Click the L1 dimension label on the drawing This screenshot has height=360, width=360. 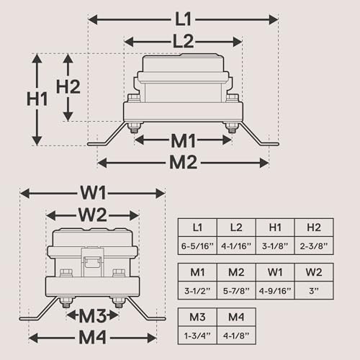183,18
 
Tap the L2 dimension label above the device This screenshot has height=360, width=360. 183,41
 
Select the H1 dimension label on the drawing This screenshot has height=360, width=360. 37,99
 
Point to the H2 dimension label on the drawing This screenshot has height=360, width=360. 68,87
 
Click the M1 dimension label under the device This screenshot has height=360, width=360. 183,139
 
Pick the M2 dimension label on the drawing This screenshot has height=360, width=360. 183,163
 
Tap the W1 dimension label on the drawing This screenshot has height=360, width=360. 93,193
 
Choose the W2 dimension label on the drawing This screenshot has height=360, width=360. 93,215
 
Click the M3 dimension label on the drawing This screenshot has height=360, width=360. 93,315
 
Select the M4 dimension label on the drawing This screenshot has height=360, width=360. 93,338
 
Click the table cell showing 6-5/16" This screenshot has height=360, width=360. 197,245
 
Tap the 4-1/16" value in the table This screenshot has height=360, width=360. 236,245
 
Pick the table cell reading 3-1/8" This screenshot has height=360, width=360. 275,245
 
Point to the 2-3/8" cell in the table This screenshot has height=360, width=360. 314,245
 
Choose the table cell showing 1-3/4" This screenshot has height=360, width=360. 197,336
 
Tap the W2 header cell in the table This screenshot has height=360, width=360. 314,272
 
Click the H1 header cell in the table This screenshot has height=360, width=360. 275,227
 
